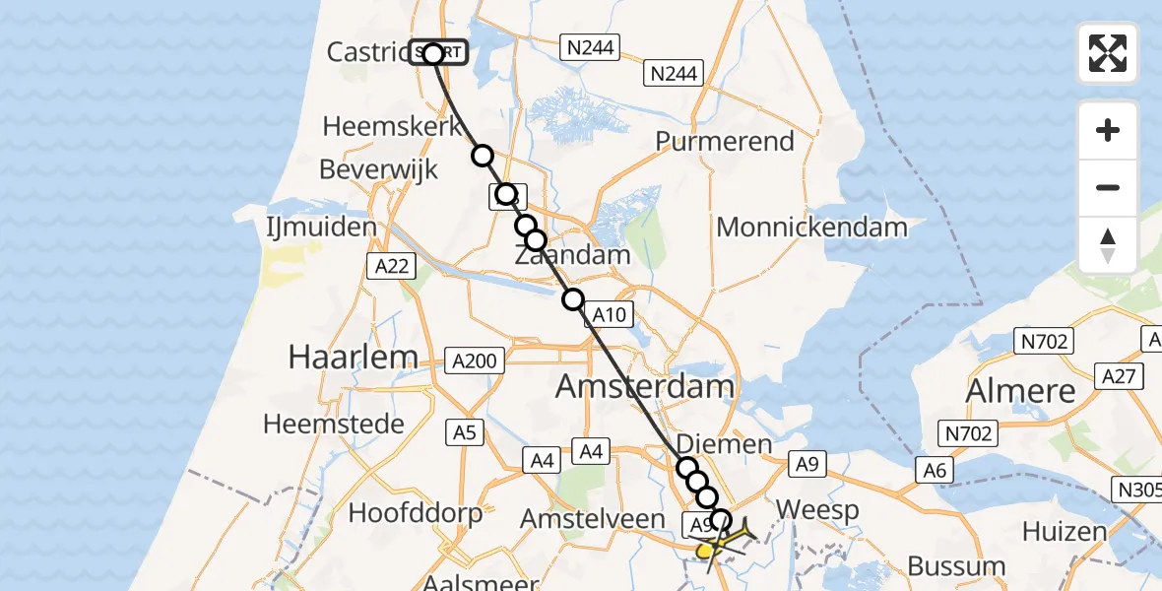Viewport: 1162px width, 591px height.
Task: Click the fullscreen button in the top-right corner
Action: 1108,52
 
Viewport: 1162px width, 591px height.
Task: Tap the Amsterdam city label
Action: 645,386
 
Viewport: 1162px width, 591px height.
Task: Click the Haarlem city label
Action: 354,358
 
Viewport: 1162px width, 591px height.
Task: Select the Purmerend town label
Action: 725,142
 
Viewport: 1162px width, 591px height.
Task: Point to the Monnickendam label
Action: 811,228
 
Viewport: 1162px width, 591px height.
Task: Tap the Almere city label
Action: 1021,391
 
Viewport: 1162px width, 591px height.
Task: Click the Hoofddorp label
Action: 416,513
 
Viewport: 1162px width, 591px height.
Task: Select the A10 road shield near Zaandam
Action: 607,315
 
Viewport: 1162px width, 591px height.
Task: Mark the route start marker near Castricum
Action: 433,53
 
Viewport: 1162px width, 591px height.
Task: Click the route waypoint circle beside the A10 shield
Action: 573,298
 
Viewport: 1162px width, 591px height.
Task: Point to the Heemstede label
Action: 333,425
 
